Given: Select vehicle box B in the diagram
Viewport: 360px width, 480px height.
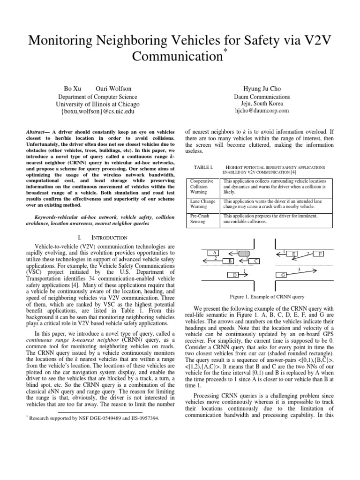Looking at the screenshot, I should pyautogui.click(x=230, y=261).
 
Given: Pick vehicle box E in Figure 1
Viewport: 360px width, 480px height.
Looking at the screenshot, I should pyautogui.click(x=294, y=254).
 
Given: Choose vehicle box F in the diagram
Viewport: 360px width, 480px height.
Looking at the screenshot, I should pyautogui.click(x=321, y=254).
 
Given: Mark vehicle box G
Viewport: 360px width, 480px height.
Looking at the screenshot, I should pyautogui.click(x=283, y=274).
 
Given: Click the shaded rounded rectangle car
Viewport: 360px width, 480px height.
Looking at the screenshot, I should pyautogui.click(x=244, y=254).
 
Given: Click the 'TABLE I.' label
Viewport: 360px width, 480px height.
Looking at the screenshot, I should pyautogui.click(x=203, y=167).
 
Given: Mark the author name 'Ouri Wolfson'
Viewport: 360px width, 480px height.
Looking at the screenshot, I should pyautogui.click(x=113, y=89).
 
